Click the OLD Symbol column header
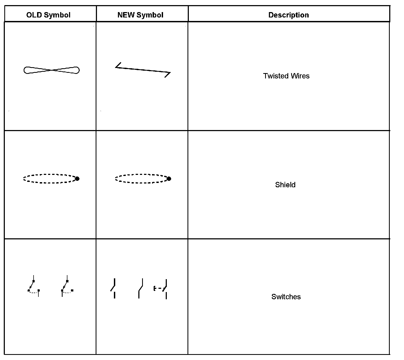48,15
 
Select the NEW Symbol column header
140,15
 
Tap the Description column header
288,15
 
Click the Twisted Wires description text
286,76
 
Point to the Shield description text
285,185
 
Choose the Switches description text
286,297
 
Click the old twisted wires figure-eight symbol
52,70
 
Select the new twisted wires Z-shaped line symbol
143,70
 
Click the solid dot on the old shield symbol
77,179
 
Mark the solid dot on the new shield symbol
169,179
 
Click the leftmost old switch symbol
34,286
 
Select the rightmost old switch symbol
67,286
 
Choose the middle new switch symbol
140,289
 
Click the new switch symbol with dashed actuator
161,289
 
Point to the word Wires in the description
300,76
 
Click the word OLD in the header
34,15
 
